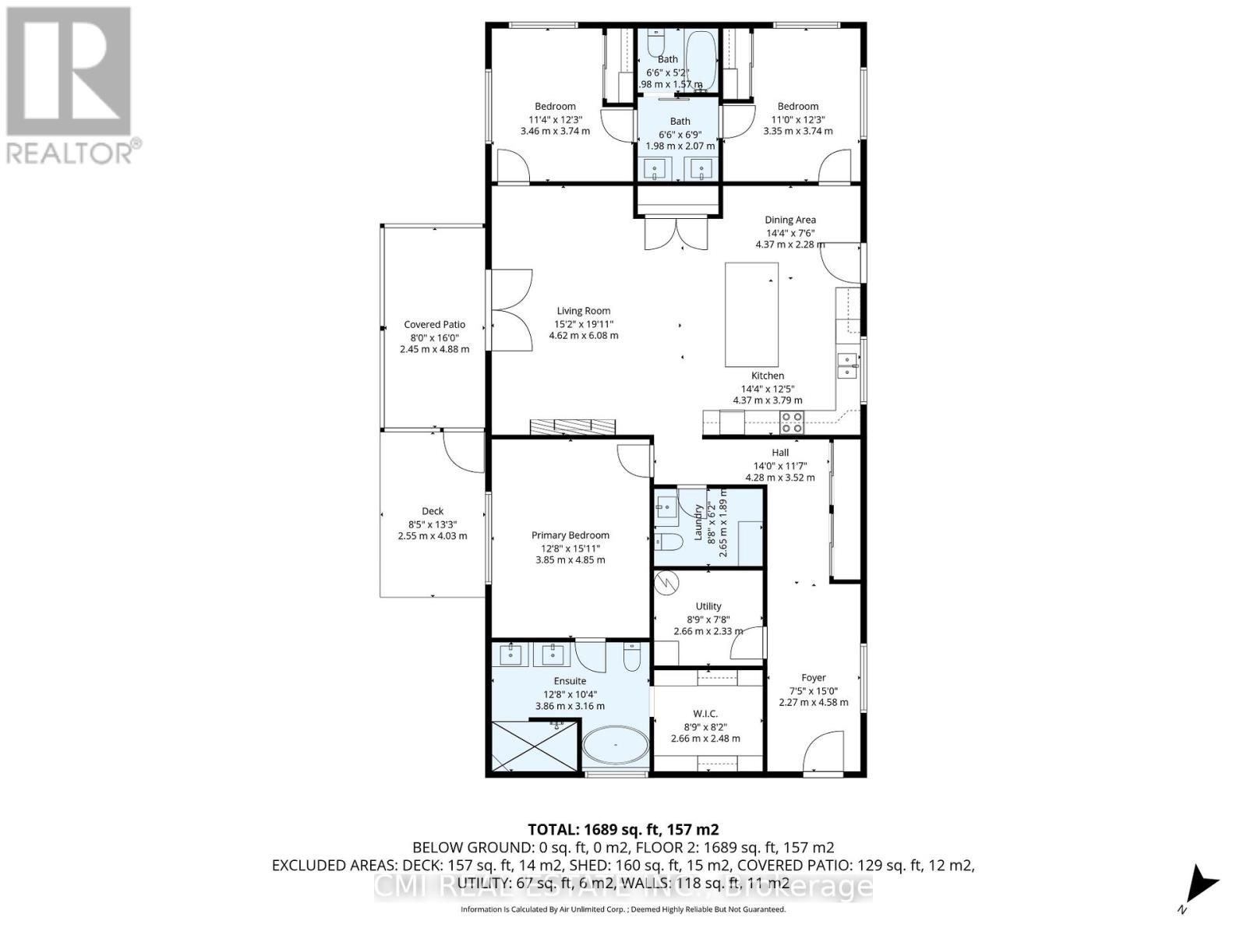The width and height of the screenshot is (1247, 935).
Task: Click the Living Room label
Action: coord(583,311)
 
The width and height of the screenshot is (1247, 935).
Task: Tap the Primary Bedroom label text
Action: coord(571,535)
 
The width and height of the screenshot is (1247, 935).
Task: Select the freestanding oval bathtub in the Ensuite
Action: coord(615,746)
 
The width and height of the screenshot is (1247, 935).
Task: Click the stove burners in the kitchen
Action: coord(792,422)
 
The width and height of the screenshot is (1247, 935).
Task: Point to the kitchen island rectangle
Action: coord(751,314)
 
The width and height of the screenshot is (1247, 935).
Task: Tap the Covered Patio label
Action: coord(434,325)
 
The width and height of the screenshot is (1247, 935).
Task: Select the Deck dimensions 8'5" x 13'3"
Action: coord(433,524)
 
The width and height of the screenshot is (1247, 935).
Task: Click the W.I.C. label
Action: coord(705,714)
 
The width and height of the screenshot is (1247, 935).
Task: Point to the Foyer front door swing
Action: coord(825,752)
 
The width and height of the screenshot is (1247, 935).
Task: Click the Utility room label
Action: coord(708,606)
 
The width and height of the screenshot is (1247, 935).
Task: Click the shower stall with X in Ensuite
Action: coord(535,746)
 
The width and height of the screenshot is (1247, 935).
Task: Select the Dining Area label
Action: coord(790,220)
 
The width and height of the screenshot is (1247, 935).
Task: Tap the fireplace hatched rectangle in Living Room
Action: coord(572,426)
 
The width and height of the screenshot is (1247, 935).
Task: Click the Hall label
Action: coord(780,453)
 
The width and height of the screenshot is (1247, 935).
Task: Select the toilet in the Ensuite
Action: coord(632,656)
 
